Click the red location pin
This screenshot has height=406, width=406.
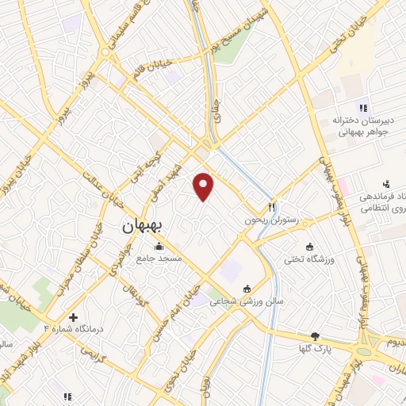pyautogui.click(x=204, y=186)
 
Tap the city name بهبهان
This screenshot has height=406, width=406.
pyautogui.click(x=142, y=226)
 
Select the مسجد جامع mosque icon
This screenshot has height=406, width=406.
pyautogui.click(x=159, y=247)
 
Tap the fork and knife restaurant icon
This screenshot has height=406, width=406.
pyautogui.click(x=271, y=206)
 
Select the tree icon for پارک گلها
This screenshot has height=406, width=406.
pyautogui.click(x=315, y=336)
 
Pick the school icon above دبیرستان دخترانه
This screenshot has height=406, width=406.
pyautogui.click(x=363, y=107)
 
